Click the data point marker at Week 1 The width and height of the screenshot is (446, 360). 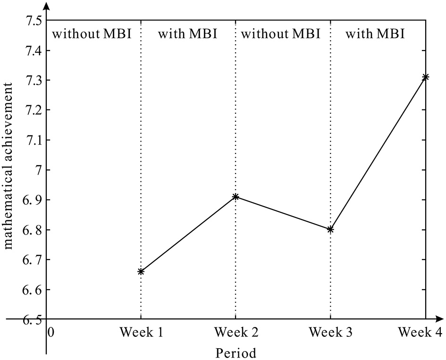click(x=141, y=271)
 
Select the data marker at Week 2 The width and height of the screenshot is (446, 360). click(x=236, y=196)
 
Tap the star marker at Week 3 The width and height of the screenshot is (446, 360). click(x=330, y=229)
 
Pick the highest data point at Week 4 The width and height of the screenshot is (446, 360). click(x=425, y=77)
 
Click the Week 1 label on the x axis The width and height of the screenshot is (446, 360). click(x=141, y=333)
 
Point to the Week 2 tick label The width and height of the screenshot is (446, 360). click(x=236, y=333)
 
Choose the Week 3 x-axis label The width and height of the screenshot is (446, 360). click(x=330, y=333)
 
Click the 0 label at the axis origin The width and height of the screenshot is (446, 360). click(x=51, y=333)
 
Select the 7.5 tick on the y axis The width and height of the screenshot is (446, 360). click(x=31, y=21)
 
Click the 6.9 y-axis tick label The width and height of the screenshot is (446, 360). click(x=31, y=200)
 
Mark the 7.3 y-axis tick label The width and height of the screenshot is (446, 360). click(x=31, y=81)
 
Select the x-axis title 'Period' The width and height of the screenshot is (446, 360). click(x=236, y=353)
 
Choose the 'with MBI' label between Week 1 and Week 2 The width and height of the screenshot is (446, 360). click(x=187, y=34)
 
